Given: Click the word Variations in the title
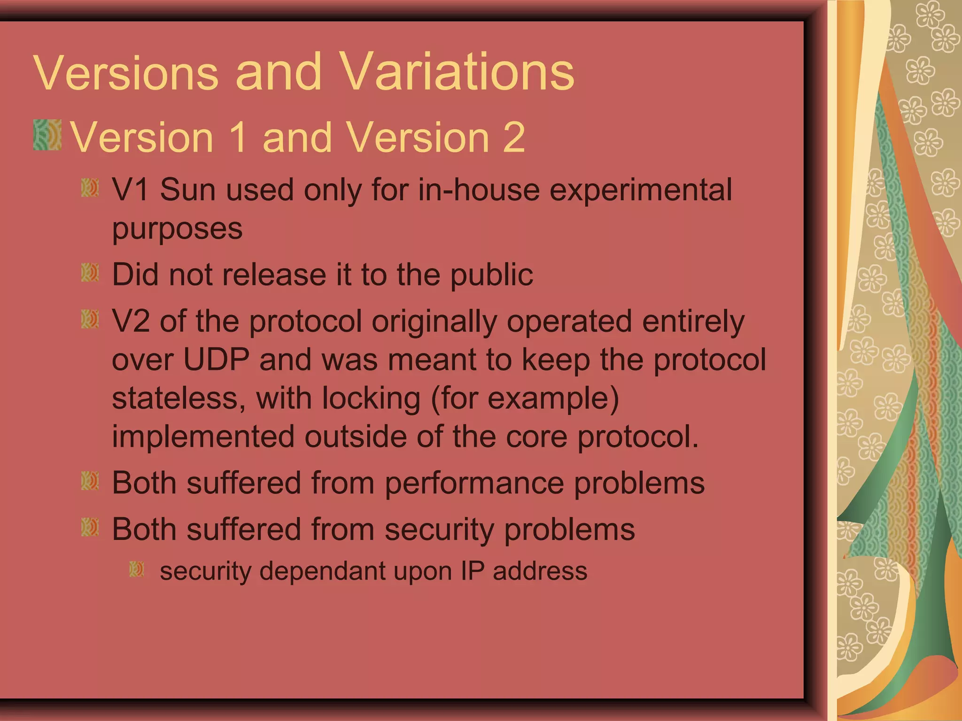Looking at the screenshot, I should (456, 73).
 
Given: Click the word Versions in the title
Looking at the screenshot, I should (126, 73).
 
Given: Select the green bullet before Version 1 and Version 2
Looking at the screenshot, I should (47, 135).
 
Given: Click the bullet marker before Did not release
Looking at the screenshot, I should (90, 272).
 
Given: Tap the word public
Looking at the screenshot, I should (492, 275).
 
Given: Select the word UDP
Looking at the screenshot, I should (216, 360).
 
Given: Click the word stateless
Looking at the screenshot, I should (178, 399).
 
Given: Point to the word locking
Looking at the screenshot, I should (371, 399).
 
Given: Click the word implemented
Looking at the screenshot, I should (203, 437).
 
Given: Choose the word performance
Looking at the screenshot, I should (474, 483).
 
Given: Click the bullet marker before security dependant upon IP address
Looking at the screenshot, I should (137, 569).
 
